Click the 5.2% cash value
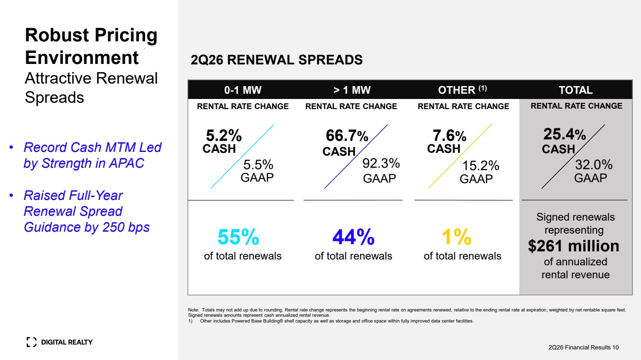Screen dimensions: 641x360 point(224,136)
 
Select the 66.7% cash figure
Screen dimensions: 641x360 point(347,136)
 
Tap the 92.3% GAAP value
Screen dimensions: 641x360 point(381,163)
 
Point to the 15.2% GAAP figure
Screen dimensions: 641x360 point(481,165)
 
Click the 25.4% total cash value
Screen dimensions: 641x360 point(565,134)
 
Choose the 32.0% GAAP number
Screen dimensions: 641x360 point(594,165)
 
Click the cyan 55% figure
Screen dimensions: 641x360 point(239,237)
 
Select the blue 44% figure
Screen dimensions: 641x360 point(353,237)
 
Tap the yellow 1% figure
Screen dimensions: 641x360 point(457,237)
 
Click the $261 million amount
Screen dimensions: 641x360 point(574,246)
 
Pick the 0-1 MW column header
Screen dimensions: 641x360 point(243,90)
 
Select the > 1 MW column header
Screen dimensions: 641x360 point(352,90)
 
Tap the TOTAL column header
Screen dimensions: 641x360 point(576,90)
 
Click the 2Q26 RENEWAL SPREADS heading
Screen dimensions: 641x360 point(277,60)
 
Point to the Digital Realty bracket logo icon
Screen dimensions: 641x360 point(31,342)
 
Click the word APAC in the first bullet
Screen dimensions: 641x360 point(126,163)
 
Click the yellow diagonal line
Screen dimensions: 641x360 point(460,156)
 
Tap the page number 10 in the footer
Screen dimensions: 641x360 point(615,348)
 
